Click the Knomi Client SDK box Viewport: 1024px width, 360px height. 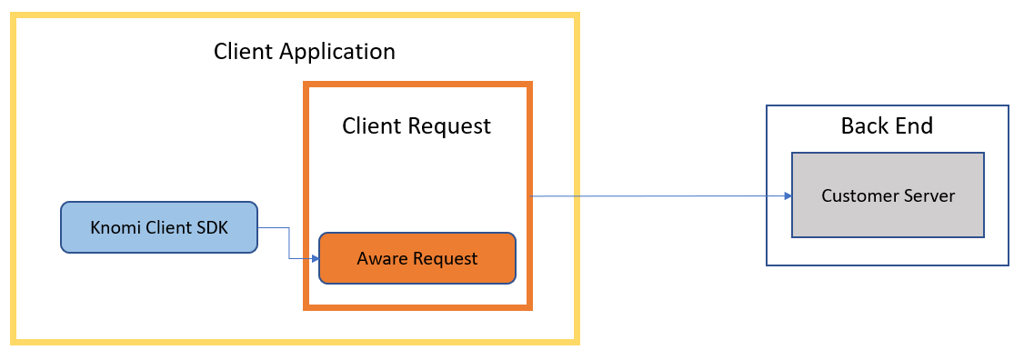tap(159, 226)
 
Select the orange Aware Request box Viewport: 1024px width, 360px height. tap(417, 258)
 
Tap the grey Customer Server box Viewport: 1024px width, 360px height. tap(888, 195)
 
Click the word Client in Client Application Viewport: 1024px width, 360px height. tap(245, 51)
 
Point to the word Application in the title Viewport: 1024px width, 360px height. tap(337, 51)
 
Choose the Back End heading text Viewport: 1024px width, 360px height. tap(887, 125)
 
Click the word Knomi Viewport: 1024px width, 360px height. tap(115, 227)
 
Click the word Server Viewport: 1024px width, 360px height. tap(929, 195)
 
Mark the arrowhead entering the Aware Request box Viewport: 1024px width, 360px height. tap(315, 259)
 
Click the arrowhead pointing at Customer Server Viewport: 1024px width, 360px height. tap(787, 195)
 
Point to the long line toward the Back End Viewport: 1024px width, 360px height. tap(655, 195)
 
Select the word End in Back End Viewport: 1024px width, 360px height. tap(914, 125)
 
